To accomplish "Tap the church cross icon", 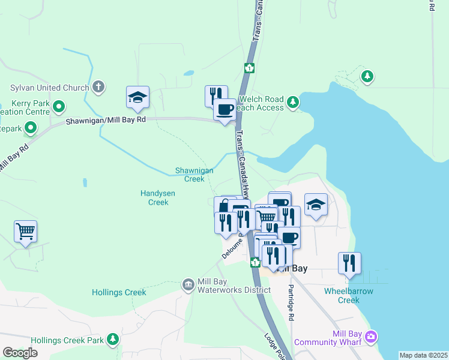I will click(99, 88).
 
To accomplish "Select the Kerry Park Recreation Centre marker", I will click(59, 107).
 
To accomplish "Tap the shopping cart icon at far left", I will click(25, 230).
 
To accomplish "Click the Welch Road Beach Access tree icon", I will click(292, 102).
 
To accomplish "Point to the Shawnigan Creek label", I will click(194, 175).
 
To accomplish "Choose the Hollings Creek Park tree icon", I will click(112, 340).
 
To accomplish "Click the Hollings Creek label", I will click(119, 292).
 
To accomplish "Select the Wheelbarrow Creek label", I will click(348, 295).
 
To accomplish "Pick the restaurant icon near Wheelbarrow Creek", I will click(349, 263).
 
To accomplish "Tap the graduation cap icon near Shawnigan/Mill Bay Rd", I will click(137, 97).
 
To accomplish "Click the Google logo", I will click(20, 353).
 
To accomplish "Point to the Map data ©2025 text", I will click(423, 355).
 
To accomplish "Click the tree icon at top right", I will click(367, 76).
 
